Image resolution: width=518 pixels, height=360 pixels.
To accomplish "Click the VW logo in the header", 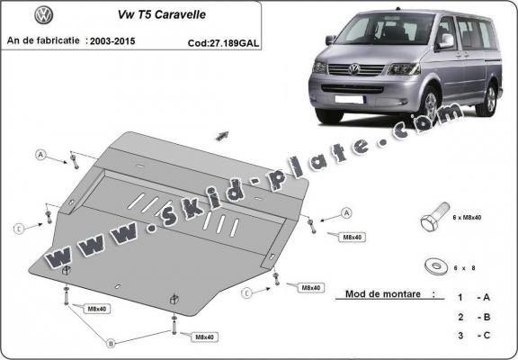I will (x=43, y=15).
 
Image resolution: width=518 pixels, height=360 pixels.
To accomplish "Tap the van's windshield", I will (x=381, y=30).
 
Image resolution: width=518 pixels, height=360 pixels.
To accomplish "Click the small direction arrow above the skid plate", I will (x=221, y=135).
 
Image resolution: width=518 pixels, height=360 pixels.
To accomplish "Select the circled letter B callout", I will (x=112, y=343).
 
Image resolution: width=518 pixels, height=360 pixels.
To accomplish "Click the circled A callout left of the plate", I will (x=40, y=154).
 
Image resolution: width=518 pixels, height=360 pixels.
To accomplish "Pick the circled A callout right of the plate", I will (x=345, y=213).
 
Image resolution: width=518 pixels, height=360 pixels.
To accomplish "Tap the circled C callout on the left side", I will (x=18, y=229).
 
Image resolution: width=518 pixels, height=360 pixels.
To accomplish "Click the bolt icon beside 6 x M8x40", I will (x=430, y=220).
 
